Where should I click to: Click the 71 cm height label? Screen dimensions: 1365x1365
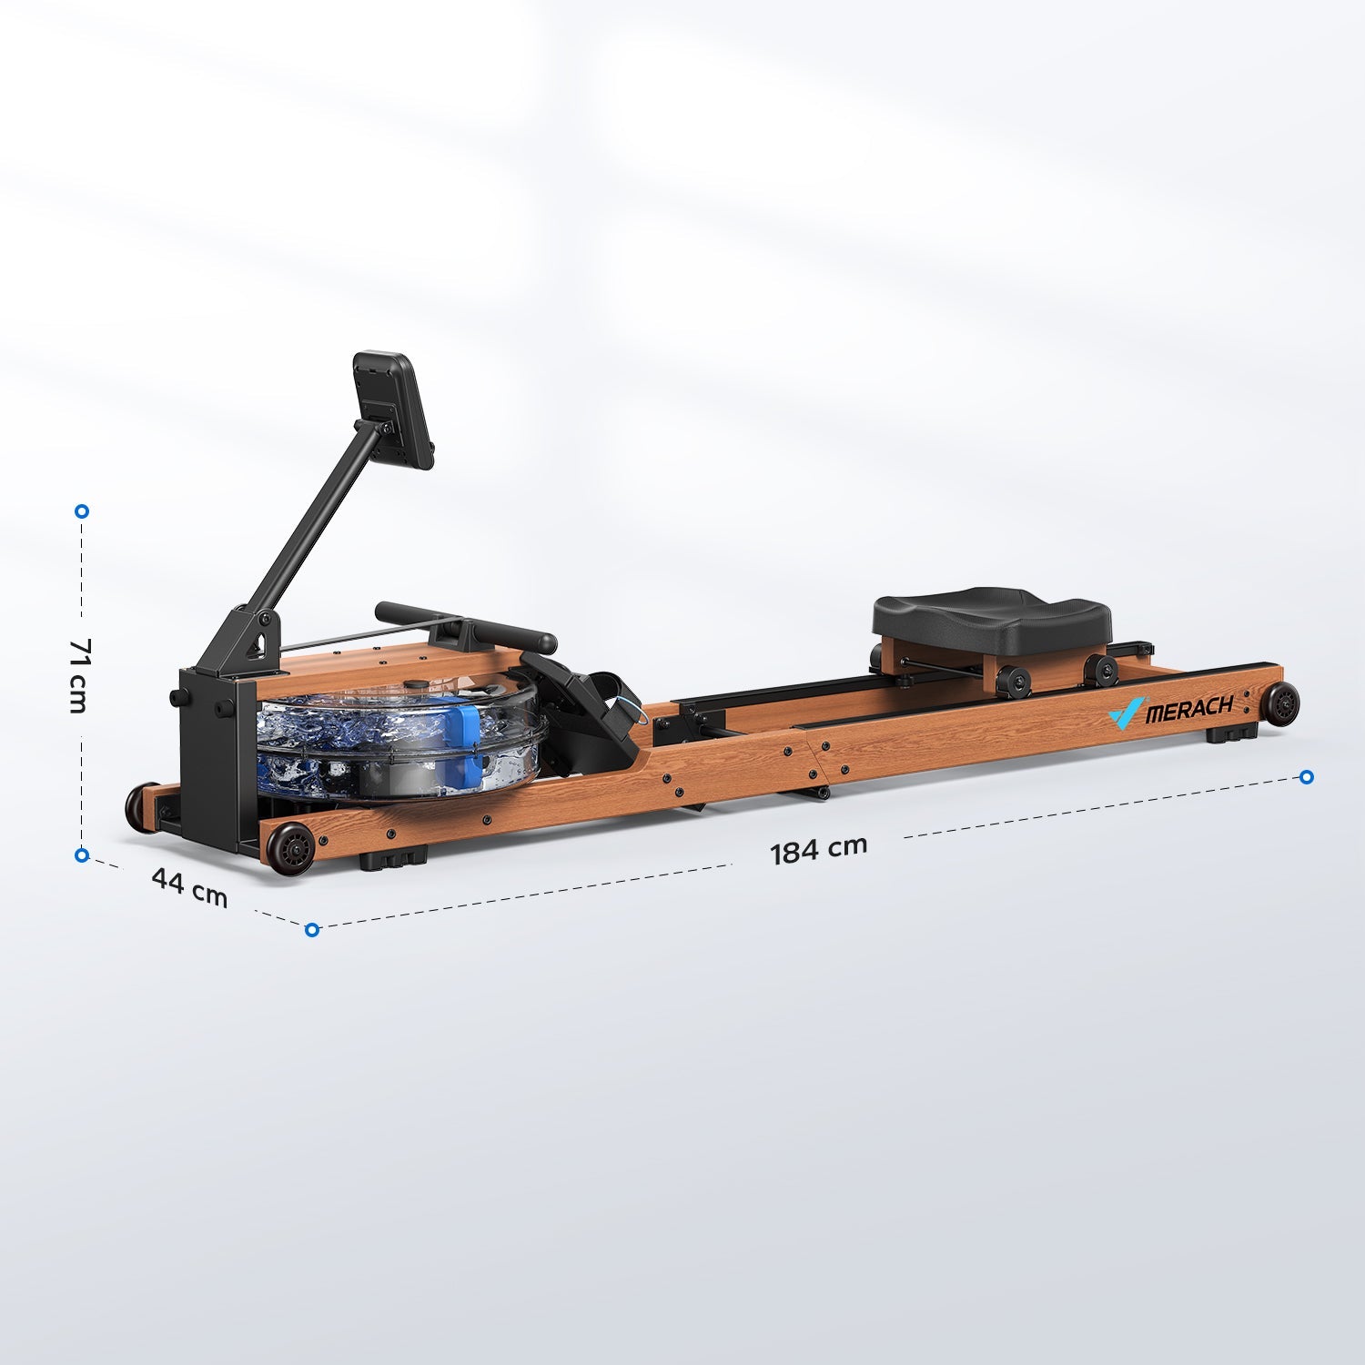[79, 674]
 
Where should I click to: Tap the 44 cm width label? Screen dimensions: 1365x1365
[189, 886]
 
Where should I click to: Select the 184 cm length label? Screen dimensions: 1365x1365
[818, 849]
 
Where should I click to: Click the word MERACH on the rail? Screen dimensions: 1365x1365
[1188, 708]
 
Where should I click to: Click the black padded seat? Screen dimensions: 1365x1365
[991, 620]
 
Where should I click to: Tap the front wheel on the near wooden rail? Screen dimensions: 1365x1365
[290, 848]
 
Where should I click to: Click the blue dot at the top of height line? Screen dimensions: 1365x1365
[82, 511]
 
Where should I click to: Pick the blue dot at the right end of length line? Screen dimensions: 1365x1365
[1307, 776]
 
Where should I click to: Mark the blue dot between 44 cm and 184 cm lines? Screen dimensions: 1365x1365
[312, 929]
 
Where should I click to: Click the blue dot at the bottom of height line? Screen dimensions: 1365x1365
[82, 855]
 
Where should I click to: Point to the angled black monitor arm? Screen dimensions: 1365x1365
[309, 518]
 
